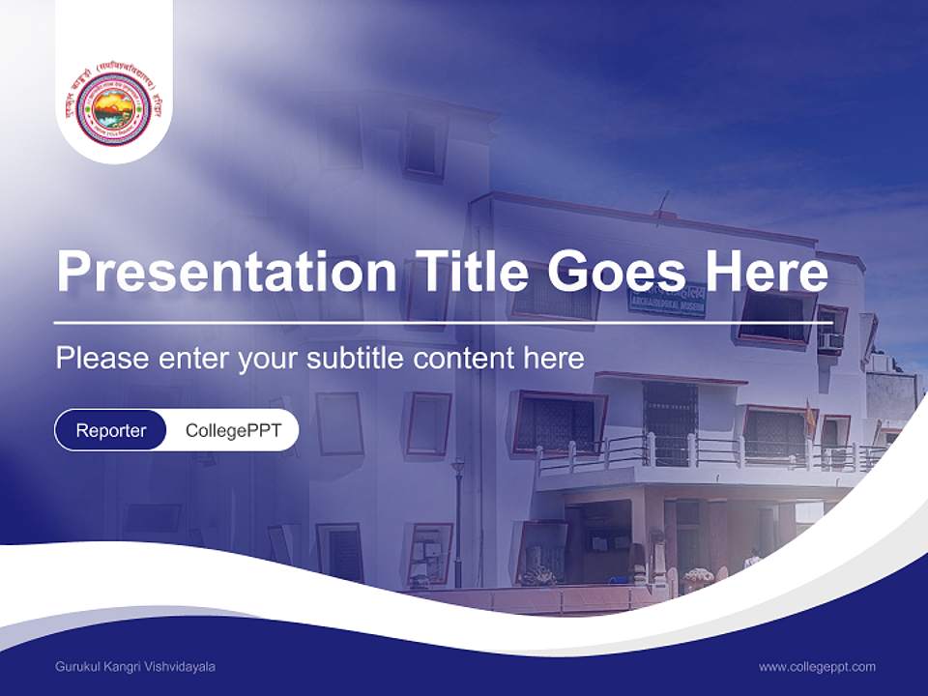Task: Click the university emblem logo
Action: pos(114,107)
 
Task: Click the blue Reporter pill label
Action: pos(111,430)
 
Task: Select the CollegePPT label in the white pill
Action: pos(233,430)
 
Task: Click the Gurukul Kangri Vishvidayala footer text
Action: pos(135,667)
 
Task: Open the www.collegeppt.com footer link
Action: pos(817,667)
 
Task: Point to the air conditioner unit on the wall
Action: pos(830,341)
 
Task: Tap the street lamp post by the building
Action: pos(458,522)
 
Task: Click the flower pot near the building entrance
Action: pos(697,579)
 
